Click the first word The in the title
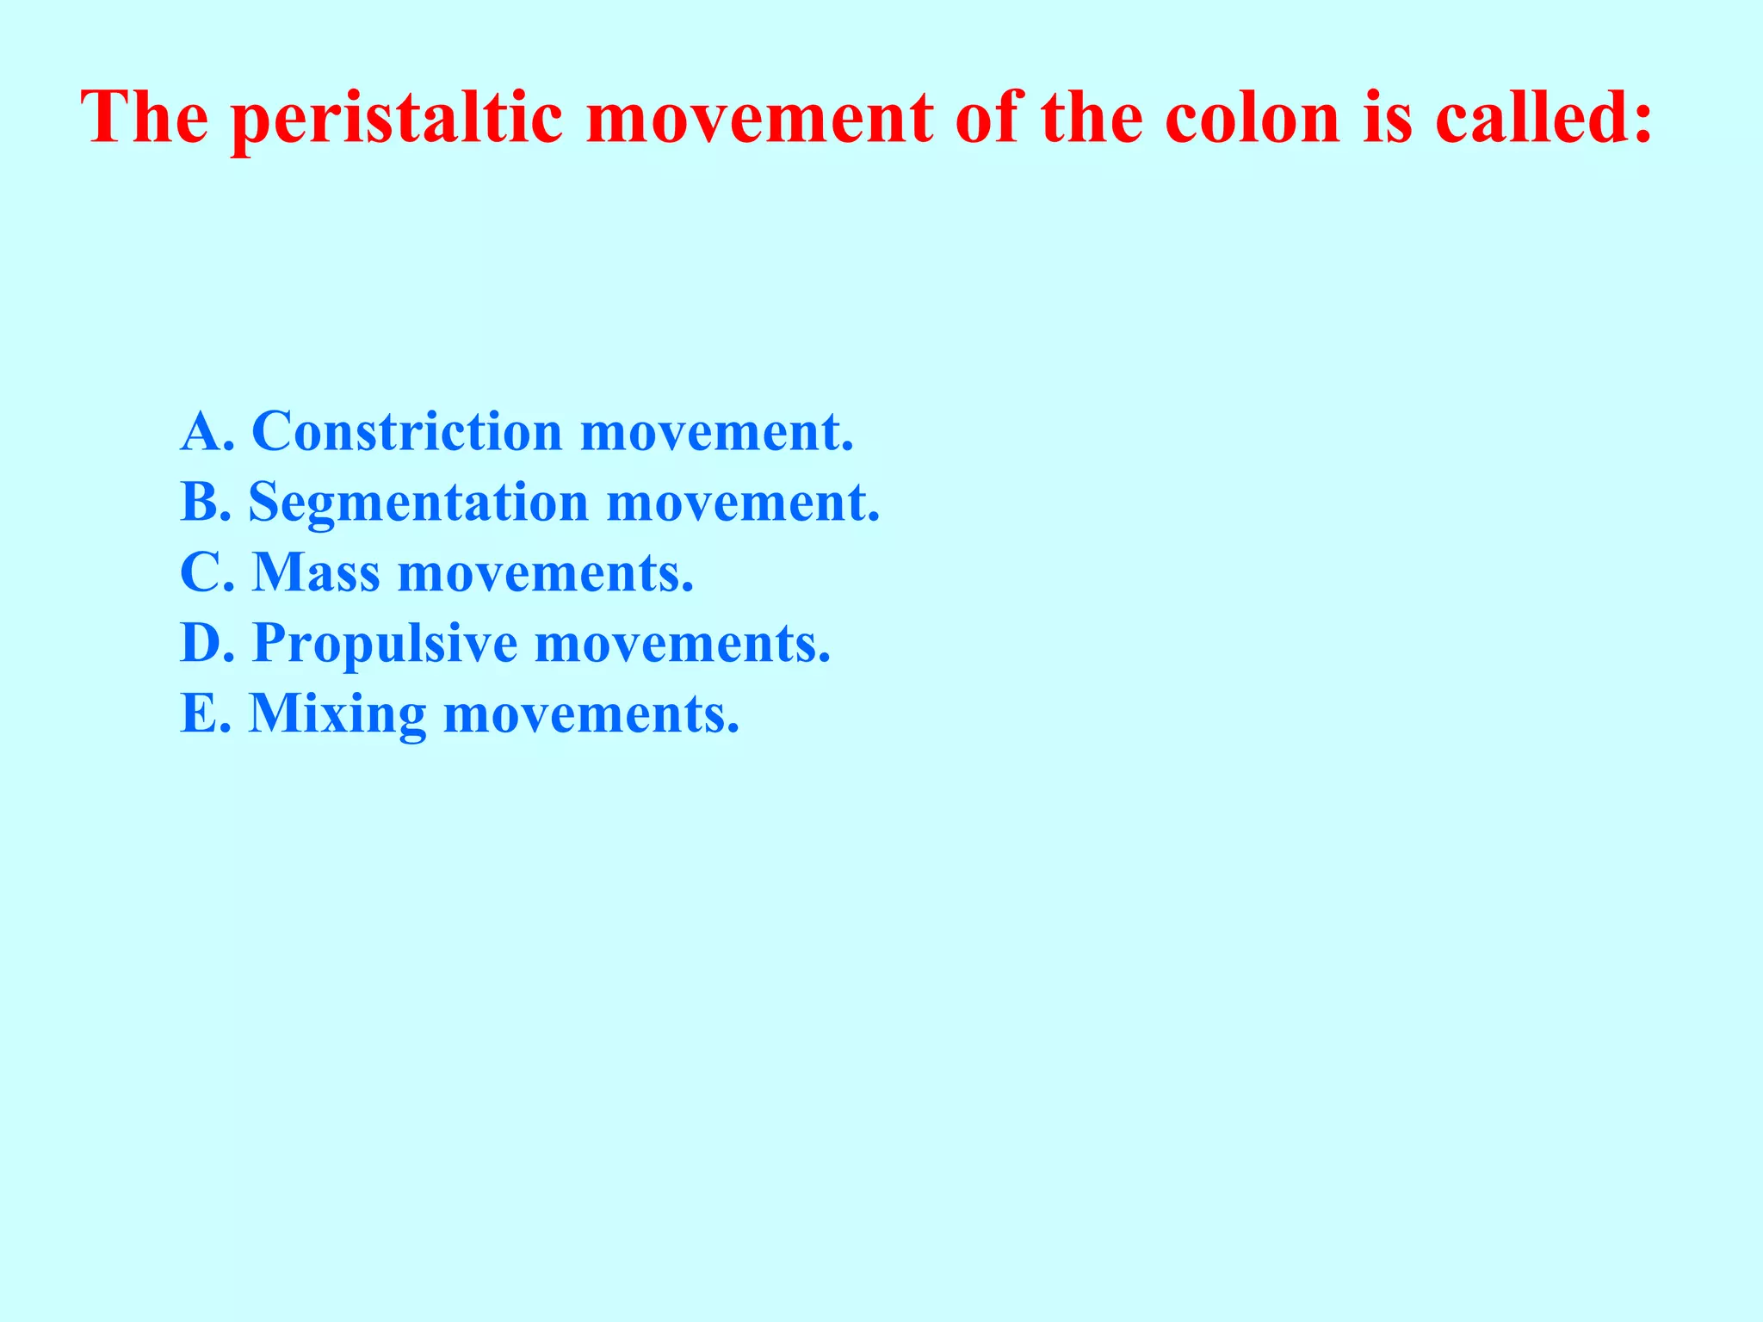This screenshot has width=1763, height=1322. tap(145, 117)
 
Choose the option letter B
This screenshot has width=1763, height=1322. tap(200, 502)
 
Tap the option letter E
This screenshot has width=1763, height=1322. tap(198, 714)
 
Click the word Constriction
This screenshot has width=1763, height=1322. tap(406, 431)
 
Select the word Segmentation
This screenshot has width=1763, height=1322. tap(418, 503)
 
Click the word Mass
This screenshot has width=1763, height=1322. tap(316, 572)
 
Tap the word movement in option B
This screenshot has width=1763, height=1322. tap(742, 503)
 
